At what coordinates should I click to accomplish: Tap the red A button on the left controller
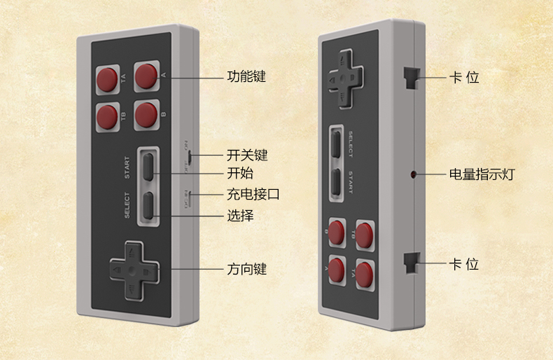pyautogui.click(x=146, y=75)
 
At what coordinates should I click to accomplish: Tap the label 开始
pyautogui.click(x=240, y=173)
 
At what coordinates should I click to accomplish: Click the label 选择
pyautogui.click(x=240, y=216)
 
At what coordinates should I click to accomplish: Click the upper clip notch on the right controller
pyautogui.click(x=411, y=76)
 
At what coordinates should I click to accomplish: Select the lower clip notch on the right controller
pyautogui.click(x=411, y=263)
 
